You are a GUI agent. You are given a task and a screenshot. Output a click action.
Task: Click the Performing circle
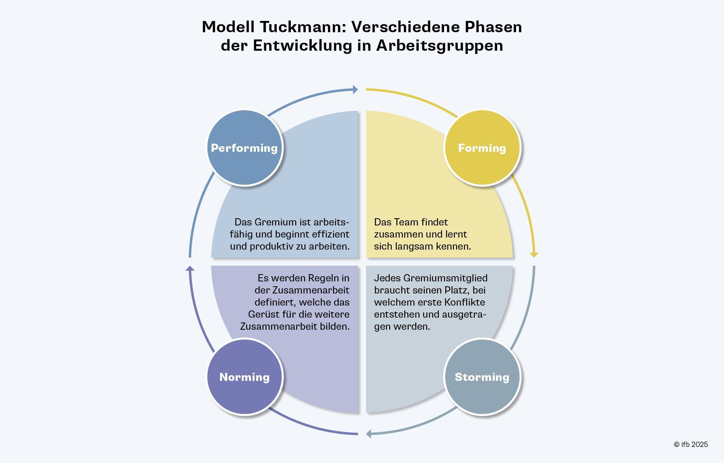coord(245,148)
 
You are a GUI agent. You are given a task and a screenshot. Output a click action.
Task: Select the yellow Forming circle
coord(482,148)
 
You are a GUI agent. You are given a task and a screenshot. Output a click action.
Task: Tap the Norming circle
coord(245,377)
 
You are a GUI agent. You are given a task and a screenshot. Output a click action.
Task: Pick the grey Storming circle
coord(482,377)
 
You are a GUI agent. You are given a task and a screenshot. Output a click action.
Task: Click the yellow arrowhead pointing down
coord(534,254)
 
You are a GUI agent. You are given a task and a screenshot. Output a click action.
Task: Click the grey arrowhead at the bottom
coord(369,434)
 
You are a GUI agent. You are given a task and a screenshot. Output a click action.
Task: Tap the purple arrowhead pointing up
coord(190,269)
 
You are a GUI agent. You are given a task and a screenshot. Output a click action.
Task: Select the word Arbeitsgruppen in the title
coord(440,45)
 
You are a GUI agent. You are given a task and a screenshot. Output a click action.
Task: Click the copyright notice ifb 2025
coord(691,444)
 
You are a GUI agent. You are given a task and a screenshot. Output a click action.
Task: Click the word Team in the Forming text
coord(406,222)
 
